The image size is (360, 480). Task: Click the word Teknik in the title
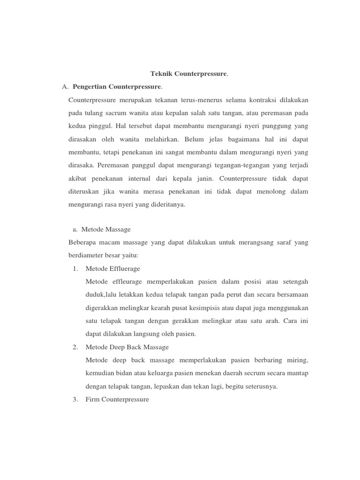pyautogui.click(x=160, y=74)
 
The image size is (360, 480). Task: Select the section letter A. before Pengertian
pyautogui.click(x=66, y=87)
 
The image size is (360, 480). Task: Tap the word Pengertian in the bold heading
pyautogui.click(x=90, y=87)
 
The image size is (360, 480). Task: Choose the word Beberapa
pyautogui.click(x=82, y=243)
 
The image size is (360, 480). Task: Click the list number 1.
pyautogui.click(x=75, y=269)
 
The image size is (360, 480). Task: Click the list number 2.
pyautogui.click(x=75, y=347)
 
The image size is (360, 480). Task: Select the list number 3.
pyautogui.click(x=75, y=399)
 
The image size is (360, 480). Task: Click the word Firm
pyautogui.click(x=93, y=399)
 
